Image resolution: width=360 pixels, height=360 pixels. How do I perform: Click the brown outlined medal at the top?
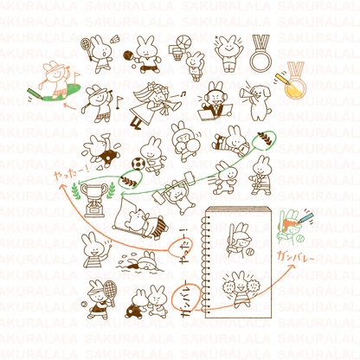[260, 56]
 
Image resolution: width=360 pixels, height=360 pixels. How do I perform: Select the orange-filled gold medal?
[295, 84]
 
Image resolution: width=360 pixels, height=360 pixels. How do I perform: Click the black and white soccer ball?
[138, 163]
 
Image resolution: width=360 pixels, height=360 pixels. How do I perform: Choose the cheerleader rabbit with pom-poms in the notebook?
[234, 286]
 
